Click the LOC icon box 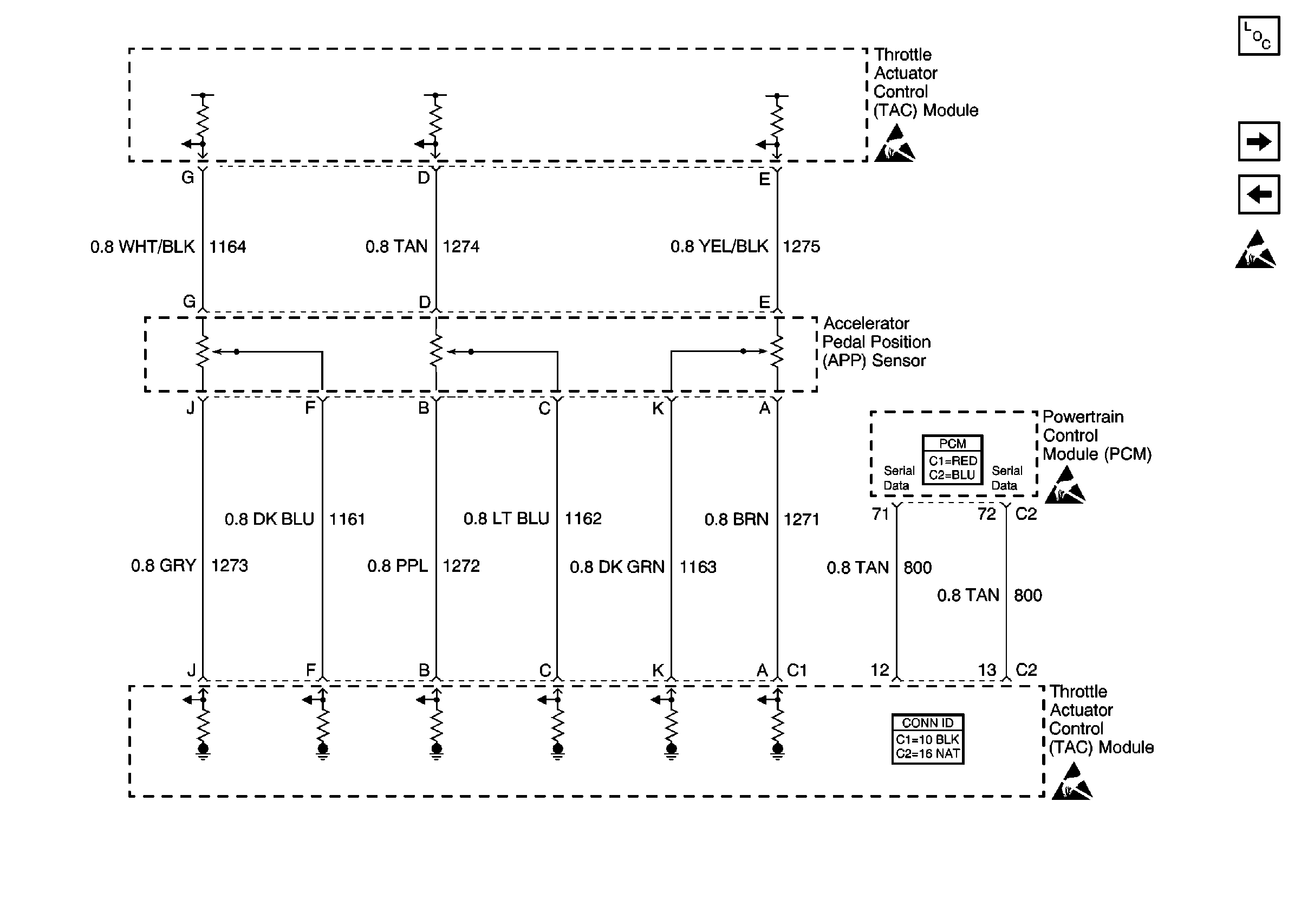click(x=1259, y=36)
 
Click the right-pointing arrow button click(x=1259, y=141)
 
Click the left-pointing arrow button click(x=1259, y=194)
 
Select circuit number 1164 click(x=227, y=247)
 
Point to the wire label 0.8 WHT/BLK click(x=142, y=247)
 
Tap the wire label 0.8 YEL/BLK click(x=719, y=246)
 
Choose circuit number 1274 click(x=461, y=246)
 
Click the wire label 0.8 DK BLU click(x=269, y=519)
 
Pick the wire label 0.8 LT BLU click(x=506, y=519)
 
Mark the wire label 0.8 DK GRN click(x=616, y=567)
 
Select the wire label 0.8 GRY click(x=163, y=566)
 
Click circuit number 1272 click(x=461, y=566)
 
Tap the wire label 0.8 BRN click(x=736, y=519)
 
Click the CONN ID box click(x=928, y=739)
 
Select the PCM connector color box click(x=953, y=460)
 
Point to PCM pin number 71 click(x=880, y=514)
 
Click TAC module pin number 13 click(x=986, y=670)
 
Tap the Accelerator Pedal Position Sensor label click(x=876, y=342)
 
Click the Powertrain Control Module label click(x=1096, y=435)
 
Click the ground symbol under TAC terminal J click(x=203, y=751)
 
